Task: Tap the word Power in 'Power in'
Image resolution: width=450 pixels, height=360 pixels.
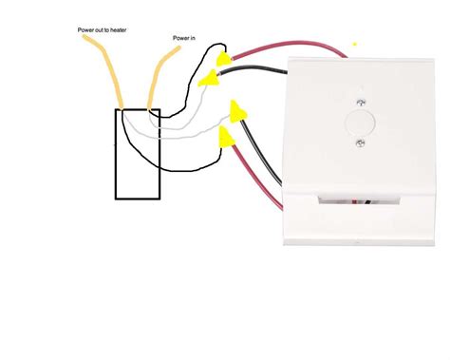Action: pos(179,39)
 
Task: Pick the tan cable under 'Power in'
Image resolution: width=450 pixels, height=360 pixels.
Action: pos(158,81)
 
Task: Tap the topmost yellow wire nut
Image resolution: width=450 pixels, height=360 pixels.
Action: pos(224,60)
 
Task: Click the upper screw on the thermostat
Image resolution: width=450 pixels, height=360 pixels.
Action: pos(360,96)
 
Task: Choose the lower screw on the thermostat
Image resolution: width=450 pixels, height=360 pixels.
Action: pos(361,143)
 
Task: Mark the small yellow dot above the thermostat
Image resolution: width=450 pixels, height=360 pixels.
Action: pos(355,43)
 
